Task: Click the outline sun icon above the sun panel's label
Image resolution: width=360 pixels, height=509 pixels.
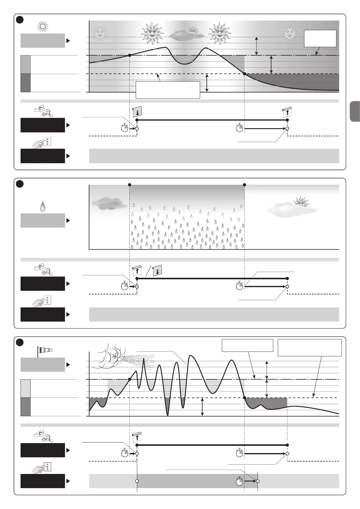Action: [x=43, y=27]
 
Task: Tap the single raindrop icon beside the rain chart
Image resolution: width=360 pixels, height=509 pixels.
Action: [x=43, y=207]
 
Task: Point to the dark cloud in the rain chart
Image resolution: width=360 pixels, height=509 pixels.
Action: [x=105, y=203]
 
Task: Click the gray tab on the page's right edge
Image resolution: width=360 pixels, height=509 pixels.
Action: [x=355, y=111]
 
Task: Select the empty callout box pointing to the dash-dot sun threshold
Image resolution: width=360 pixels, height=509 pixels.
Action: [x=320, y=38]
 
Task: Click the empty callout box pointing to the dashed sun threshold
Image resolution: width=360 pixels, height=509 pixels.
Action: [x=168, y=90]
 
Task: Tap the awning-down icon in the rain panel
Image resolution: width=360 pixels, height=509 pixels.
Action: [x=157, y=270]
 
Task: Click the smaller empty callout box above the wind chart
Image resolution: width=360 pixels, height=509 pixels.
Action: [x=247, y=345]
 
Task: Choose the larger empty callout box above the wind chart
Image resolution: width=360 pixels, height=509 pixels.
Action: [x=310, y=348]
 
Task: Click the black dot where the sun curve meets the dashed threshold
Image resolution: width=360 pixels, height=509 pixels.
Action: [x=244, y=74]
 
